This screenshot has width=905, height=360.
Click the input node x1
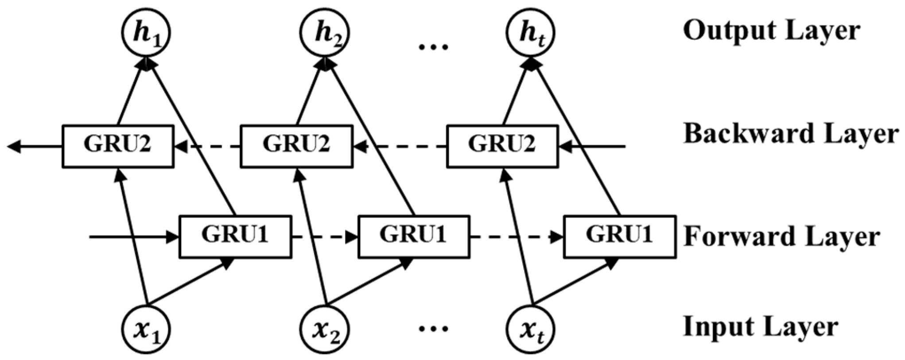[146, 329]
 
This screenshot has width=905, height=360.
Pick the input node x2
[325, 329]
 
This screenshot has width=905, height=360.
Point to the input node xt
[531, 329]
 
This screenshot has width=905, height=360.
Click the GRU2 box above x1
[118, 147]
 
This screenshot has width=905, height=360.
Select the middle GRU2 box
[296, 147]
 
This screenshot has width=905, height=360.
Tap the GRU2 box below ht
[502, 147]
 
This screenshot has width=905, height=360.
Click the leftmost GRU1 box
[235, 236]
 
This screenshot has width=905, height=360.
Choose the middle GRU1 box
[414, 236]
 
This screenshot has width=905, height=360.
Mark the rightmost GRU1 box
[619, 236]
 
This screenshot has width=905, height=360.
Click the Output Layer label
[771, 31]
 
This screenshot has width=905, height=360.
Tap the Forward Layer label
[781, 237]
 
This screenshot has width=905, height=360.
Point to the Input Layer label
[760, 327]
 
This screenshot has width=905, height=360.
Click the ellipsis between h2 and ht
[433, 46]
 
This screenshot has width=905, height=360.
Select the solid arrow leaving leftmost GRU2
[35, 147]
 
